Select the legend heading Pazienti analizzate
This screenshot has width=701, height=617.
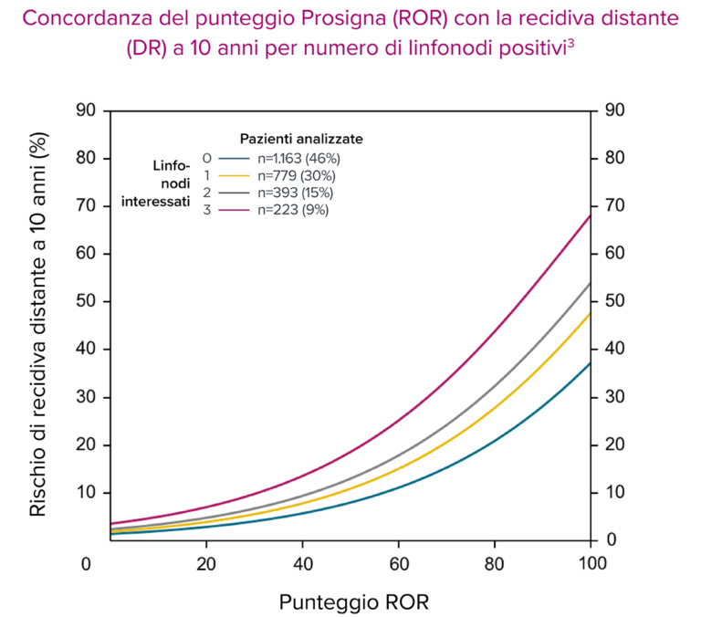coord(301,139)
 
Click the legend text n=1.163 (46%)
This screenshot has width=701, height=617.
coord(298,158)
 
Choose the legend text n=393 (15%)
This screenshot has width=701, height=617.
coord(296,193)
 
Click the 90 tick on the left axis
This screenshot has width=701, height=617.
coord(87,110)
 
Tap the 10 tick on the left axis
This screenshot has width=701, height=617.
coord(87,493)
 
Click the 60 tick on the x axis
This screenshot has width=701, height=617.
coord(398,563)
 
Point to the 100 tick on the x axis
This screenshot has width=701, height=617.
coord(591,563)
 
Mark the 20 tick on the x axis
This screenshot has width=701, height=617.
coord(206,563)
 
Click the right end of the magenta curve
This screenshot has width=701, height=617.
coord(590,216)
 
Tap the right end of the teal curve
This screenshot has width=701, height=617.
coord(590,364)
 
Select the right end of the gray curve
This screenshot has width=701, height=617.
coord(590,284)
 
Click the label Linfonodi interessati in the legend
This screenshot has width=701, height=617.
coord(156,183)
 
